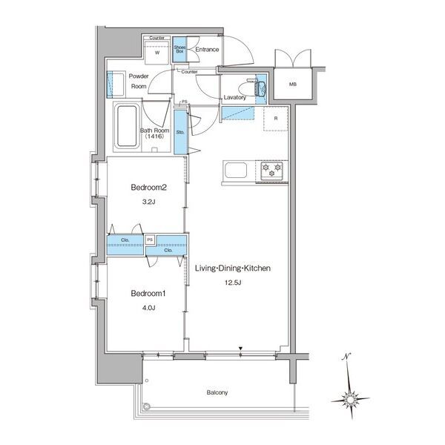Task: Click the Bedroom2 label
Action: tap(149, 188)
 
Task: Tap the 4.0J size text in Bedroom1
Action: tap(149, 308)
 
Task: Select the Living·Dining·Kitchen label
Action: tap(233, 268)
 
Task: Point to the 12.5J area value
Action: tap(233, 283)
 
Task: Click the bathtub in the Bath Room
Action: tap(127, 126)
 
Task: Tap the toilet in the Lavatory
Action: tap(252, 89)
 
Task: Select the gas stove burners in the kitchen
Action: tap(271, 171)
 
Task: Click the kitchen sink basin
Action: tap(236, 171)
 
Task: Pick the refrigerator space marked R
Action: tap(276, 119)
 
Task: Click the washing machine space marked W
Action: tap(157, 53)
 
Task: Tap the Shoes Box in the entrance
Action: tap(179, 50)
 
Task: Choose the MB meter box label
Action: tap(293, 85)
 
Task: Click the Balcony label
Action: tap(217, 392)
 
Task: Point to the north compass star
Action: tap(350, 399)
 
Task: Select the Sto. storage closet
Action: tap(180, 132)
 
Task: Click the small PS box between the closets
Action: tap(150, 240)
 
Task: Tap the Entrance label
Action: tap(207, 50)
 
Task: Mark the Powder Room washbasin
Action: tap(116, 85)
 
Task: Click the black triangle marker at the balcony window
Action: tap(240, 349)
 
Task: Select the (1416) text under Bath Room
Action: tap(155, 136)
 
